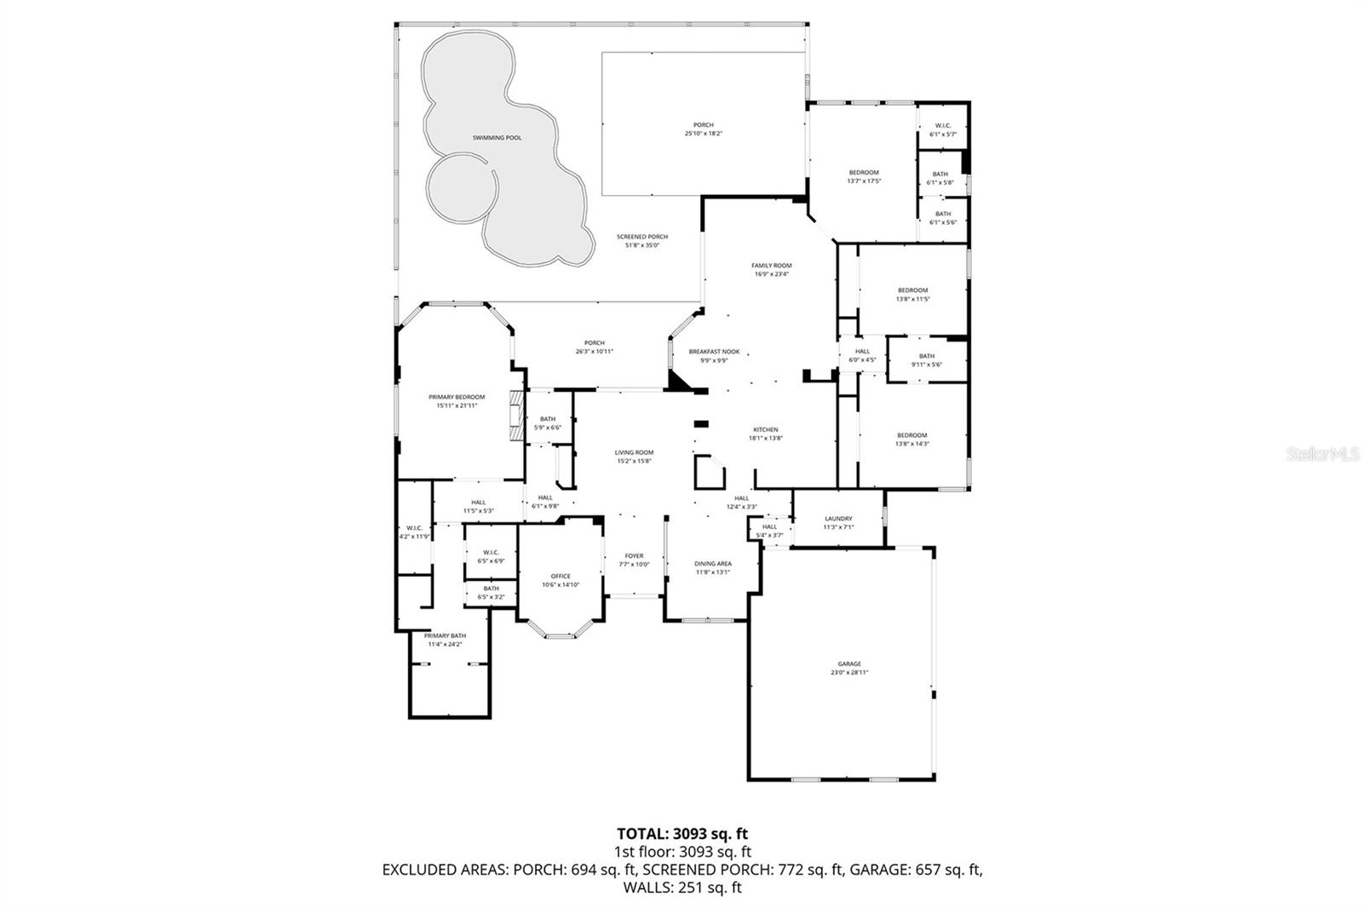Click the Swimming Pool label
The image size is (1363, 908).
pos(497,137)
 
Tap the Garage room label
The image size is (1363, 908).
pos(849,664)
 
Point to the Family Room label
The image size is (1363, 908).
pos(772,266)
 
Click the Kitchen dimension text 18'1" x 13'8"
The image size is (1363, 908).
pos(765,439)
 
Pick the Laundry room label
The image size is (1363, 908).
pos(838,519)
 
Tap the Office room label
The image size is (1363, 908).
pos(561,577)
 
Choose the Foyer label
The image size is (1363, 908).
pos(634,556)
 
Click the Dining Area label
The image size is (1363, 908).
pos(713,564)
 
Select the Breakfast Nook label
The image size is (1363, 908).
pos(714,351)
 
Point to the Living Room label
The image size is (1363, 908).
pos(635,452)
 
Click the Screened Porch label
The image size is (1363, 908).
pos(642,237)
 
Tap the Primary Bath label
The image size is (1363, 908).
pos(445,635)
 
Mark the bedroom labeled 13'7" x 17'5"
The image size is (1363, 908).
pos(863,176)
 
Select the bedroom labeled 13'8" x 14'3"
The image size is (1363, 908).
pos(912,440)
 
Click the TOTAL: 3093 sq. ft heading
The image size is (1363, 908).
pos(681,834)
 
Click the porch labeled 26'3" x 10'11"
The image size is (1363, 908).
pos(594,347)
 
